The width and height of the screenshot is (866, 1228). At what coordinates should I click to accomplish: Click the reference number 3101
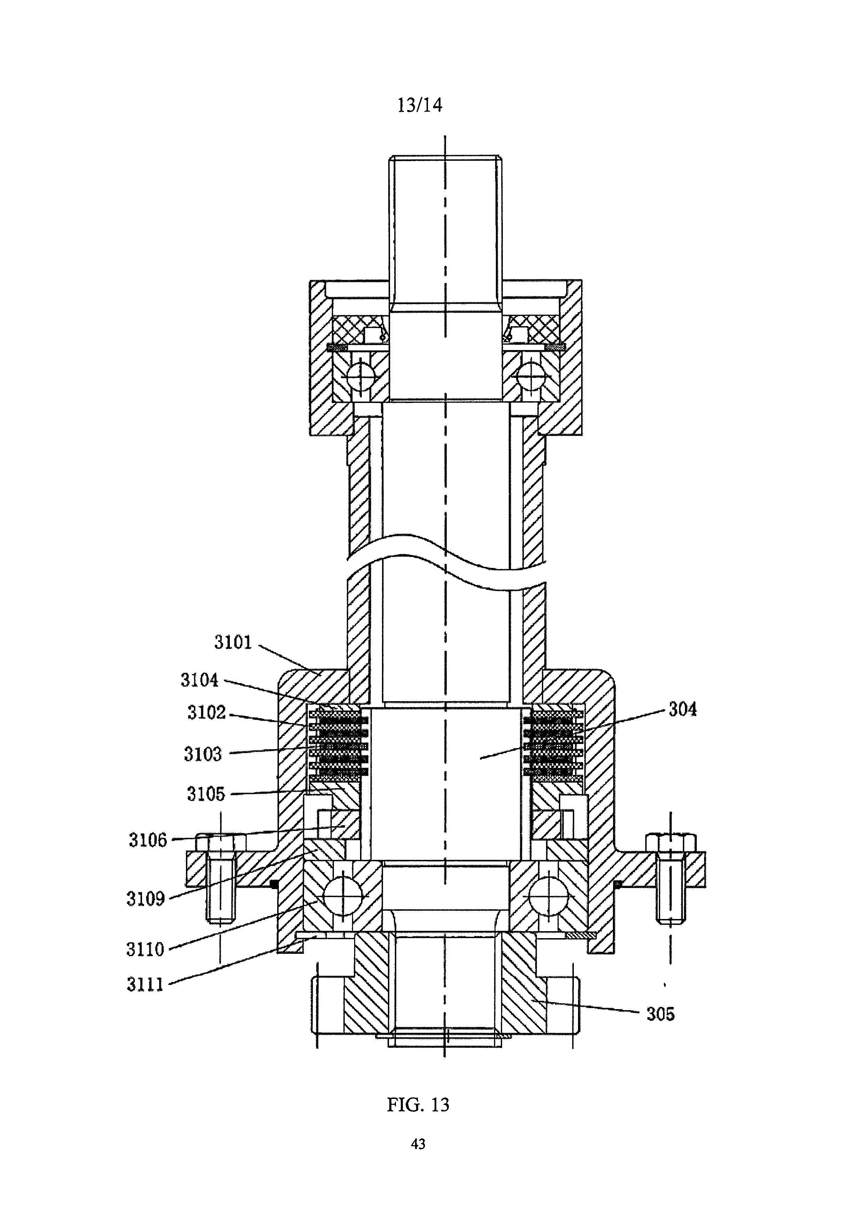point(233,642)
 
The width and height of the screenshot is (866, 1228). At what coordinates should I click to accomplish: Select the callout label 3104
point(199,680)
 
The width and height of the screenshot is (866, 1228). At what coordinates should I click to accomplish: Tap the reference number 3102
point(206,713)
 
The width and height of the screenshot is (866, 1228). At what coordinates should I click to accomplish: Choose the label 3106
point(148,840)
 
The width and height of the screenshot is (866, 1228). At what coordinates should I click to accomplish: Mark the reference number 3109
point(146,898)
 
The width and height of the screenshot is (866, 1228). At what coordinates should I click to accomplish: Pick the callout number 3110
point(145,949)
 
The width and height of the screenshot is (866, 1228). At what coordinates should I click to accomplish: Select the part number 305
point(661,1014)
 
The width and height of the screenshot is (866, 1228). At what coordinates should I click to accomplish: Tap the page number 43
point(419,1144)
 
